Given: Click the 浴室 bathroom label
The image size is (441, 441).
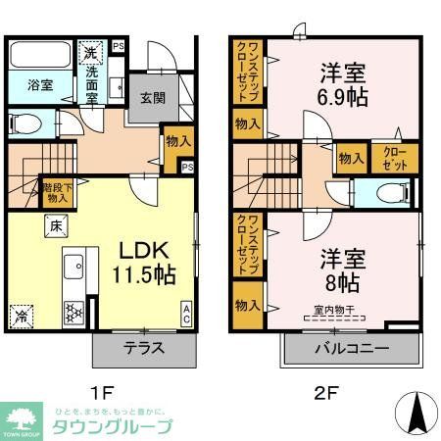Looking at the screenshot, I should (x=28, y=85).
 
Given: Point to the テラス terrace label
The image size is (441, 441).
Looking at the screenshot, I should (x=142, y=349).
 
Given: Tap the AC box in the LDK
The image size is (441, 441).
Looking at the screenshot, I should (x=186, y=313).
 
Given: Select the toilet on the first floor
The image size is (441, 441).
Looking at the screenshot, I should (x=27, y=124).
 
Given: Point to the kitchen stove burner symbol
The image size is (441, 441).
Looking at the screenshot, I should (x=73, y=314).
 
